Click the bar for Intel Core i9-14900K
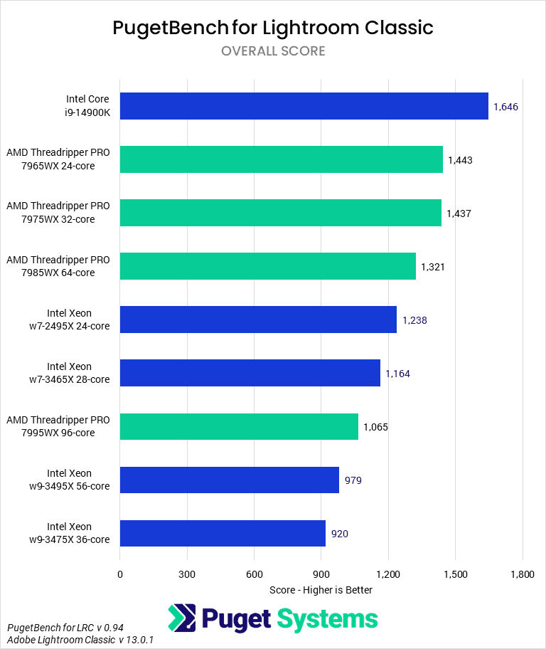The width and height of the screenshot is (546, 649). point(304,106)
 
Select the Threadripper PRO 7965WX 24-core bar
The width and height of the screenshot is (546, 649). point(281,159)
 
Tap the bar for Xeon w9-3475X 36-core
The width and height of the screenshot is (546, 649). point(223,533)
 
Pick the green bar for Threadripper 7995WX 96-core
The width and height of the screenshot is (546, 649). point(239,426)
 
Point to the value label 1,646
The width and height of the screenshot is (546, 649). point(505,107)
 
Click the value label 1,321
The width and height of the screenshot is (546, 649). point(433,267)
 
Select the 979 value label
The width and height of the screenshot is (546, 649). point(353,480)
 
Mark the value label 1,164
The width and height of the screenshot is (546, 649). point(397,374)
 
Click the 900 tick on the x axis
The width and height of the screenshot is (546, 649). point(321,574)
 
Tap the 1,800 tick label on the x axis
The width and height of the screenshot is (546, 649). point(523,574)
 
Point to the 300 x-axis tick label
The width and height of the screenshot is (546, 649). point(187,574)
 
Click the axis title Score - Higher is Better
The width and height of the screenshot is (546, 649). point(321,590)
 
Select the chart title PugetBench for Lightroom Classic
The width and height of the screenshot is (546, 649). point(273,28)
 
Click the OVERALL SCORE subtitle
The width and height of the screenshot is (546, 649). point(273,51)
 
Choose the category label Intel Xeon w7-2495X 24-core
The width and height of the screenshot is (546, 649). point(69,320)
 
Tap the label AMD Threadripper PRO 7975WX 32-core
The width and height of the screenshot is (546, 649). point(58,213)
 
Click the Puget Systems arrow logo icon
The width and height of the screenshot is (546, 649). point(182,618)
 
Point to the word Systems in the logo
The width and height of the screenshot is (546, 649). point(328,618)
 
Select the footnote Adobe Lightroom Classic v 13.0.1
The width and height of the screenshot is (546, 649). point(80,640)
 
